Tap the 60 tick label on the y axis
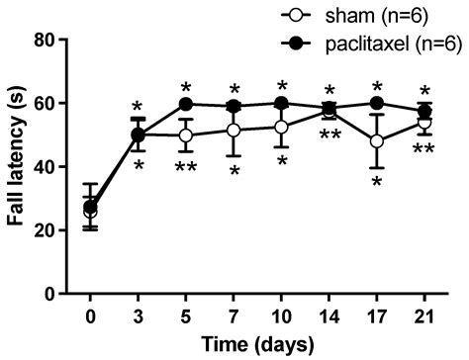(51, 103)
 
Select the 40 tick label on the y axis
(51, 166)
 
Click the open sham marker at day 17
(377, 141)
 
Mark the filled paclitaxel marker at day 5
(186, 104)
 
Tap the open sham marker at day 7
(234, 131)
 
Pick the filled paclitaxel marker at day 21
(424, 111)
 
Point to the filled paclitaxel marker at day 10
(282, 103)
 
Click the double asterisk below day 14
(329, 135)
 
